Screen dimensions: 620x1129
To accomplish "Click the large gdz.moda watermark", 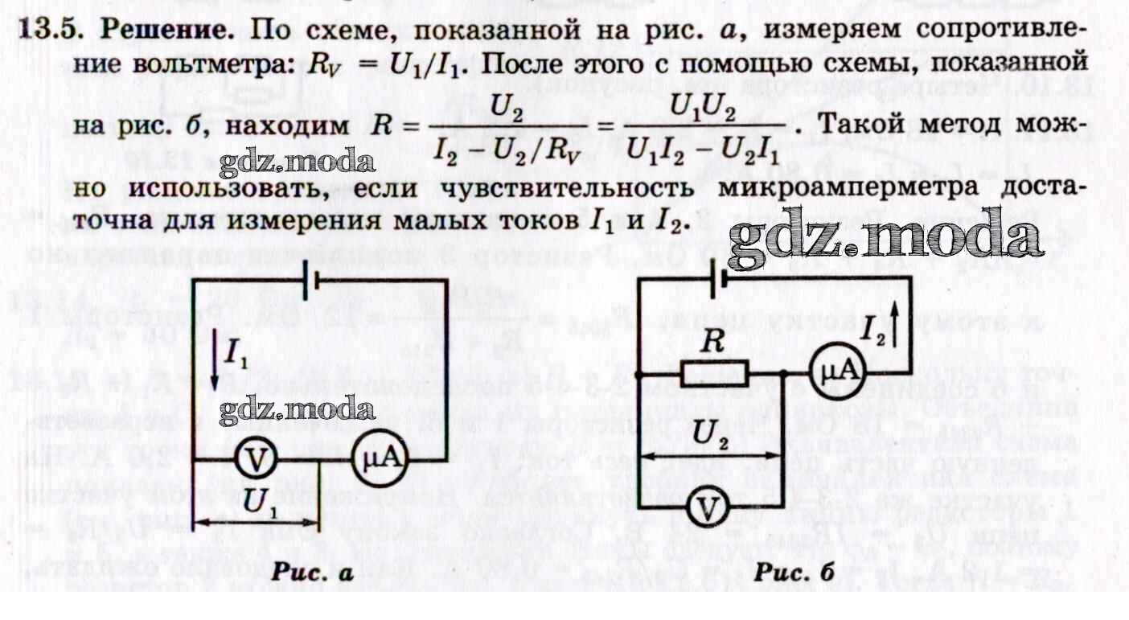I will point(889,237).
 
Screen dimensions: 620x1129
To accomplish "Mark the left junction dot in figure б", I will point(638,375).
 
